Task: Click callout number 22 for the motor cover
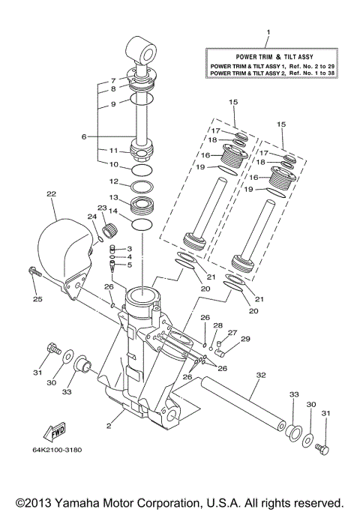click(51, 194)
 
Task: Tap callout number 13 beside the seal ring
click(114, 197)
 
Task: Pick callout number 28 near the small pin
click(217, 325)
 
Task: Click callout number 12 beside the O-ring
click(114, 181)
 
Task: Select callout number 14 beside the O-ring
click(114, 213)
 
